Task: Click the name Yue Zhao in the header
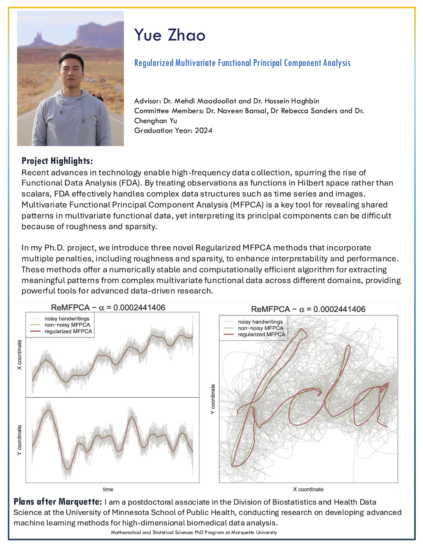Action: [170, 35]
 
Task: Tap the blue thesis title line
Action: [242, 63]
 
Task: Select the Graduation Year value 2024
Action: [204, 131]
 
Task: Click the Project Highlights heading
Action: [57, 161]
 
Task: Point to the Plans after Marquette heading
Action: [57, 502]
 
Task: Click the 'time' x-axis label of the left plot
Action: [108, 489]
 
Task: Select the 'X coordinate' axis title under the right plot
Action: [308, 489]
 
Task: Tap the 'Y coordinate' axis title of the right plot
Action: [213, 399]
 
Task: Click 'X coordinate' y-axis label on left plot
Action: [19, 355]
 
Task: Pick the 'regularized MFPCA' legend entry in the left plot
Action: [68, 331]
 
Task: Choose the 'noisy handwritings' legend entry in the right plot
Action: [260, 322]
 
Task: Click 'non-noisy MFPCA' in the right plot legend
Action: [260, 328]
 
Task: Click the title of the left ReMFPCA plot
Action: [108, 308]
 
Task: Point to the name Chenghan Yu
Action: [156, 121]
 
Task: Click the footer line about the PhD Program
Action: [194, 533]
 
